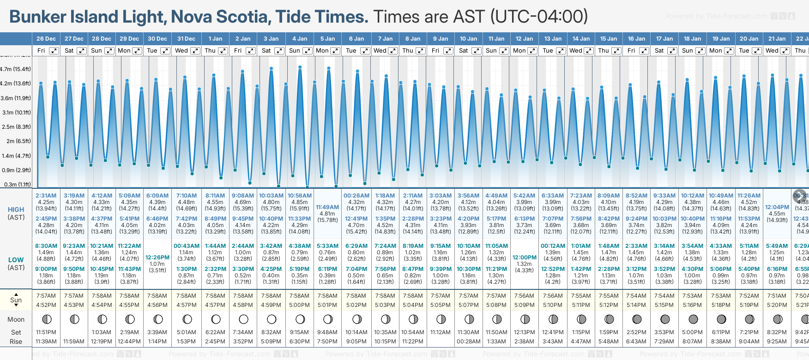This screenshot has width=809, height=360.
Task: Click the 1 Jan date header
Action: [215, 39]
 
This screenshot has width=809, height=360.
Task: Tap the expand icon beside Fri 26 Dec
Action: [54, 51]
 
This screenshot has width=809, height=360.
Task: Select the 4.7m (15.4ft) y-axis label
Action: [16, 69]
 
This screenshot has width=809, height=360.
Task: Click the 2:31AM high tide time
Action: [46, 196]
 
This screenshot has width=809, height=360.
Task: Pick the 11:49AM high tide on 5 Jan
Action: [327, 207]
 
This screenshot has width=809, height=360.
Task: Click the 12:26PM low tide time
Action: [157, 258]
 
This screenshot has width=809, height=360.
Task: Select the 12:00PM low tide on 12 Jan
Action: [524, 258]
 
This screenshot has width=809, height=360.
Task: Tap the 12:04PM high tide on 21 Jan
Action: [777, 207]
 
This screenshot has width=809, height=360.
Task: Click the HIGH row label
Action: [16, 210]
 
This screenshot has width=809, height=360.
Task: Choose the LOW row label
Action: [16, 260]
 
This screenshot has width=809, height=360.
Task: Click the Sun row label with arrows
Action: [16, 300]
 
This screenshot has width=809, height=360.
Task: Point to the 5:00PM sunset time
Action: [299, 305]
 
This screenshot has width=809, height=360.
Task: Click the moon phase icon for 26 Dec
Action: [46, 319]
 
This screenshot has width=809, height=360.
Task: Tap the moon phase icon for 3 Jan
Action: [272, 319]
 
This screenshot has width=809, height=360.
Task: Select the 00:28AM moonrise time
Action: [468, 342]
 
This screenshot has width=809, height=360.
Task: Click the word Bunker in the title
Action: [38, 17]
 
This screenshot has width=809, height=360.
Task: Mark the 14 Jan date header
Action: [581, 39]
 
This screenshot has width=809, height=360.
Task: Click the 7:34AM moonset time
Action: [243, 332]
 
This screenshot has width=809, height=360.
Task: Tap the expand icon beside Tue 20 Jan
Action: [757, 51]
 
